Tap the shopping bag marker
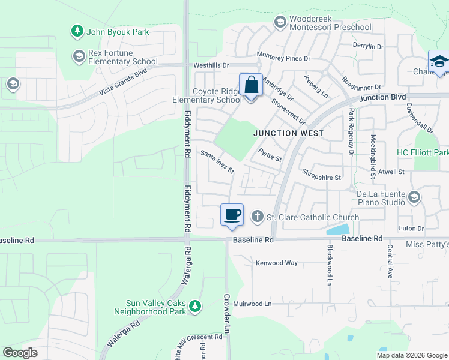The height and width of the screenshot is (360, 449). [251, 85]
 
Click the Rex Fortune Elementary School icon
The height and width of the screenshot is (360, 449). [79, 56]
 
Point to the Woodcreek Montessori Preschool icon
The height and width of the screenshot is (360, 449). [280, 23]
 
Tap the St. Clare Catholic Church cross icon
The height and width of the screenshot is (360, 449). [258, 216]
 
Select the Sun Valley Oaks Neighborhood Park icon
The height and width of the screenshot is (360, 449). [194, 307]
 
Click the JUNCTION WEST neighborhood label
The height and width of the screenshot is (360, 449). [288, 133]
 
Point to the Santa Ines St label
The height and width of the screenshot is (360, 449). [217, 161]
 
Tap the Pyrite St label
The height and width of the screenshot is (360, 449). [270, 155]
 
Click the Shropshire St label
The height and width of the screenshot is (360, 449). [321, 178]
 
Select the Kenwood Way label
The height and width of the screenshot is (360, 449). [277, 263]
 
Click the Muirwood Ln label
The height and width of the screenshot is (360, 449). [252, 304]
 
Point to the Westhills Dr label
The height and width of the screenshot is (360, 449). [211, 65]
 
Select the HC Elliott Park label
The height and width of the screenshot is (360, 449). [423, 152]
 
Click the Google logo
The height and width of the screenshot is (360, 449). [20, 352]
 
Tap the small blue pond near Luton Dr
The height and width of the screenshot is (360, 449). [338, 229]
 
